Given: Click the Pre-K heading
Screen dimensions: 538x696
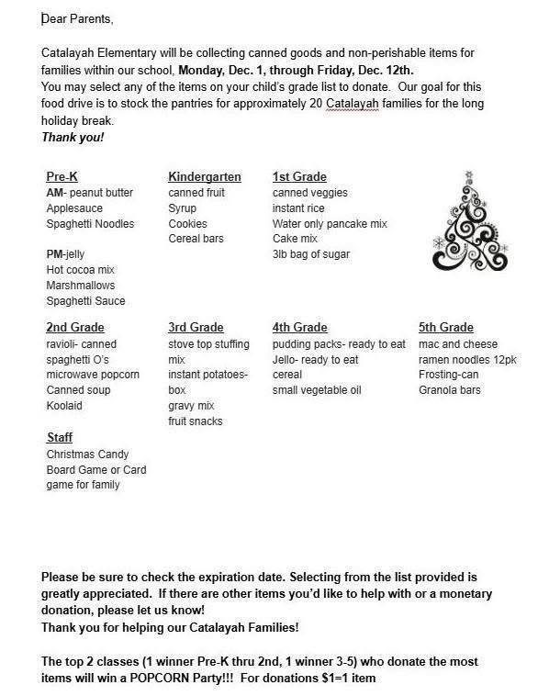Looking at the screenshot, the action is tap(62, 176).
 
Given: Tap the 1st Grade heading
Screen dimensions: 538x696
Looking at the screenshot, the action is tap(299, 176).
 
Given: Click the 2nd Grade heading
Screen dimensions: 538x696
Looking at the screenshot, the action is tap(75, 328).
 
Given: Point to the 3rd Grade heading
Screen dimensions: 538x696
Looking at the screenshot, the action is tap(196, 328).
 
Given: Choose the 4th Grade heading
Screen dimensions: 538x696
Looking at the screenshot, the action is tap(299, 328).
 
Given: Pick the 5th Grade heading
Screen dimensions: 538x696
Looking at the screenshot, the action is tap(445, 328).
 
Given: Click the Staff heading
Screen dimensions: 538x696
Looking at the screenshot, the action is tap(60, 439).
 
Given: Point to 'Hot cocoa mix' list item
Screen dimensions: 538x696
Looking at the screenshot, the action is tap(82, 270).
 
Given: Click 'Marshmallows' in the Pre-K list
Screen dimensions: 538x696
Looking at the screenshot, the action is tap(81, 286).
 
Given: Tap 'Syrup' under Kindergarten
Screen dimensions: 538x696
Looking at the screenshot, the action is tap(183, 208).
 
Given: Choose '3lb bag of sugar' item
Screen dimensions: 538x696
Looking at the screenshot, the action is tap(310, 254).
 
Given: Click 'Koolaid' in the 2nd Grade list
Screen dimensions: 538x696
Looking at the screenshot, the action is tap(65, 406).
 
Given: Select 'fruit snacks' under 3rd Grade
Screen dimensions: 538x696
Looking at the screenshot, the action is tap(196, 421).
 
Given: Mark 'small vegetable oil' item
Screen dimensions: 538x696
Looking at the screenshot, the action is tap(317, 390).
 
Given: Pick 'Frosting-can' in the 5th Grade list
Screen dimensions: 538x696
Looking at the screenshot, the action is tap(450, 375).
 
